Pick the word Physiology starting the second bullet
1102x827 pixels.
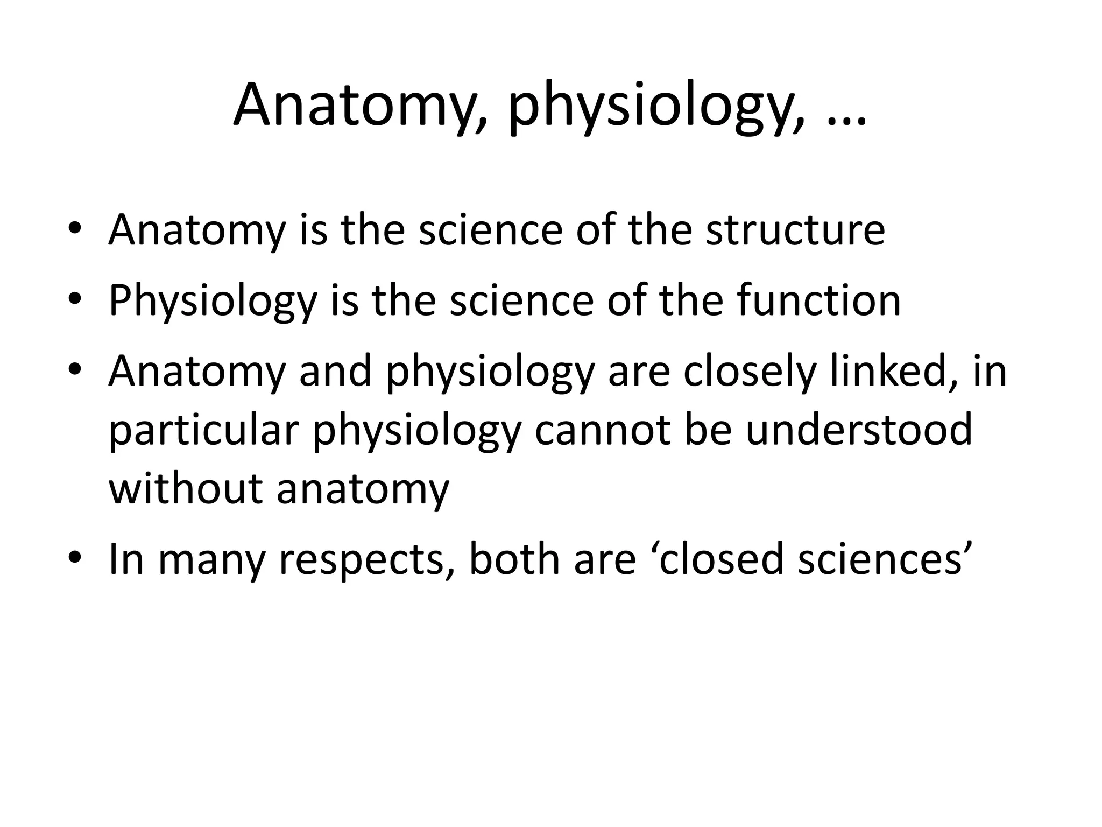(x=213, y=302)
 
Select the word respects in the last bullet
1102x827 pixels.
(x=365, y=560)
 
